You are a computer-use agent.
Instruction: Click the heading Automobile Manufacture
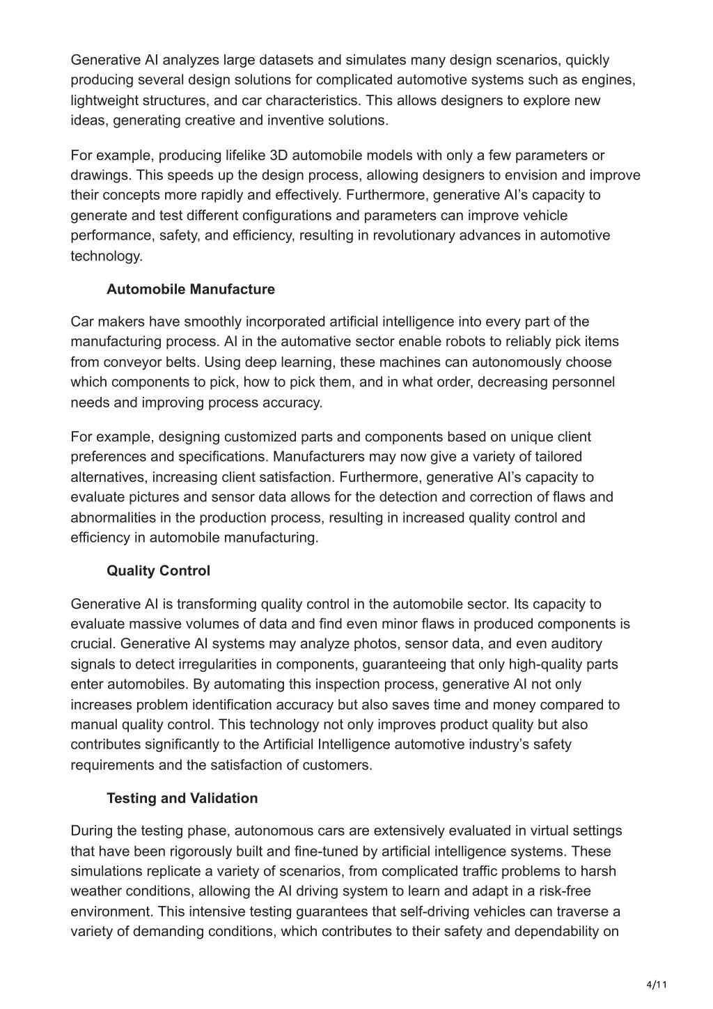point(190,289)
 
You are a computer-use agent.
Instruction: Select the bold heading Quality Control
point(158,571)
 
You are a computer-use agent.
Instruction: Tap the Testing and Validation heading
point(182,798)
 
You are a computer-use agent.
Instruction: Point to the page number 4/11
point(657,984)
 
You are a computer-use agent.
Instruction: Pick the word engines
point(609,80)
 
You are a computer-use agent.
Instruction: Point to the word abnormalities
point(112,517)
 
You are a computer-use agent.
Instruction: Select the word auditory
point(573,644)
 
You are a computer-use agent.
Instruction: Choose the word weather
point(95,891)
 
